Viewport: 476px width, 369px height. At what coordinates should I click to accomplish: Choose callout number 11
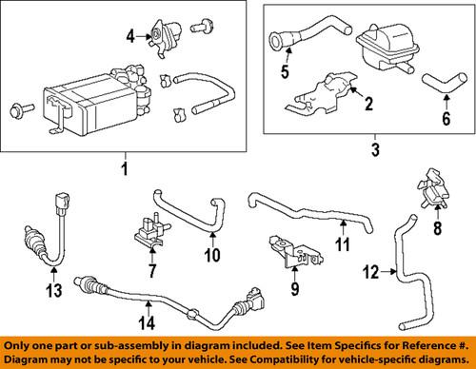tap(341, 246)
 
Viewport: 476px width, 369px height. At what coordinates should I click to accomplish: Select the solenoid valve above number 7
tap(143, 229)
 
